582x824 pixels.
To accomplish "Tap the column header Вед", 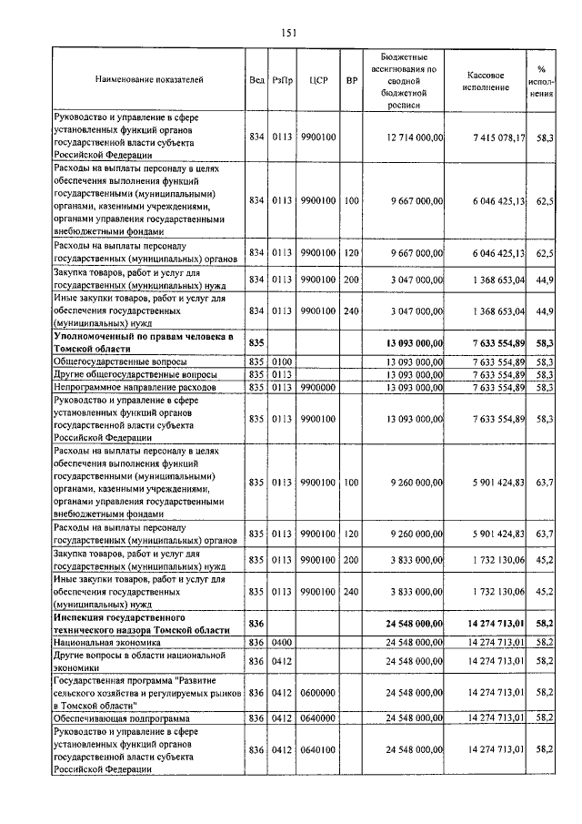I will tap(256, 79).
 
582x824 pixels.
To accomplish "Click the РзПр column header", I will tap(283, 79).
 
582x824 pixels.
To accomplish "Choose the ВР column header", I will tap(351, 79).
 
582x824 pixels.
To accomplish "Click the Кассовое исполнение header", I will tap(492, 79).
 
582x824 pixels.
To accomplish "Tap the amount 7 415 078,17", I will tap(492, 137).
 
